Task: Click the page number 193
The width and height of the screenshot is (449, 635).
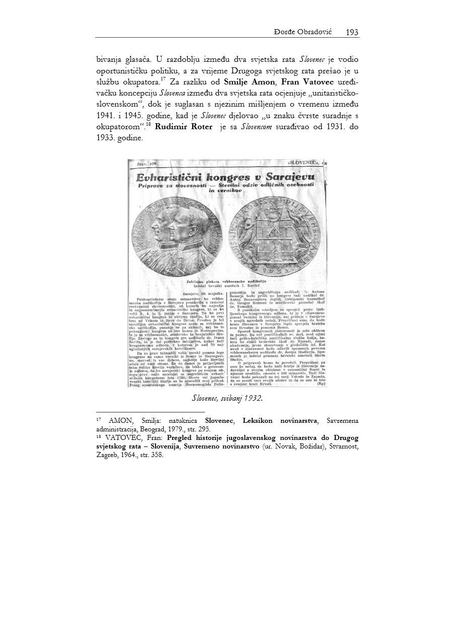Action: coord(352,32)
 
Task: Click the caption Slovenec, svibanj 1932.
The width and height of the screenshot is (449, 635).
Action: coord(228,398)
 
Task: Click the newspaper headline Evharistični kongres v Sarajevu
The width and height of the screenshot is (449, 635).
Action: coord(226,177)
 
